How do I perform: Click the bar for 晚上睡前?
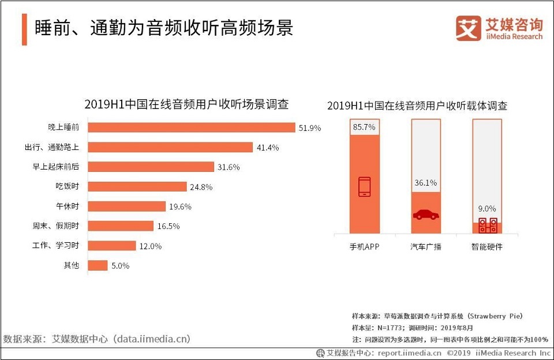click(x=191, y=127)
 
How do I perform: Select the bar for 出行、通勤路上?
click(x=170, y=147)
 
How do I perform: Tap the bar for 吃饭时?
click(x=137, y=186)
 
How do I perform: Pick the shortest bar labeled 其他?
click(x=97, y=265)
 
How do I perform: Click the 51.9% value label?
click(x=309, y=128)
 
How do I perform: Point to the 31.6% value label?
click(x=228, y=167)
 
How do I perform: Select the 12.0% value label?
click(x=150, y=246)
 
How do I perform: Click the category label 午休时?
click(x=67, y=207)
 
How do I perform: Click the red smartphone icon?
click(x=365, y=186)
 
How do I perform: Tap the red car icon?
click(x=426, y=214)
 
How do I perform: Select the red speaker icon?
click(x=487, y=225)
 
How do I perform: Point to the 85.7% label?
click(x=364, y=127)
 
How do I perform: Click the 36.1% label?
click(x=425, y=183)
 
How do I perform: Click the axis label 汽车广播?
click(x=425, y=247)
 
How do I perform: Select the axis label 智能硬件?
click(x=486, y=247)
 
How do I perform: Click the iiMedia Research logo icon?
click(x=468, y=28)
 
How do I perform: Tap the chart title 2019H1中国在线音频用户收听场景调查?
click(x=186, y=104)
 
